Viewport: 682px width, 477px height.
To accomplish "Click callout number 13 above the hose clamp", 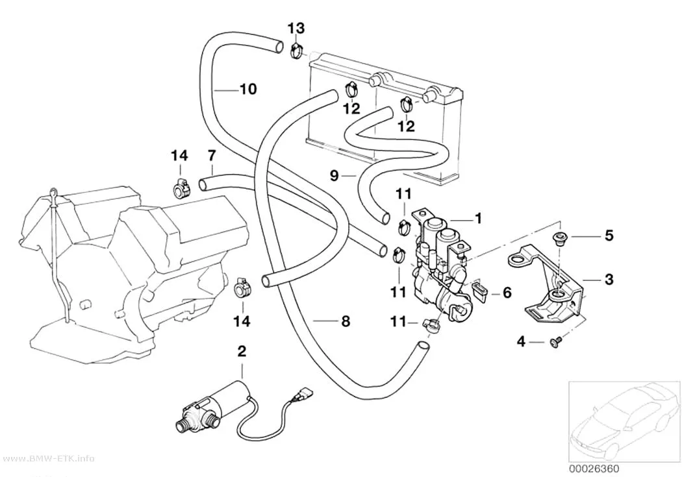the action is tap(296, 29).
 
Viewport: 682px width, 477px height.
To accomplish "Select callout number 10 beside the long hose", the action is tap(248, 89).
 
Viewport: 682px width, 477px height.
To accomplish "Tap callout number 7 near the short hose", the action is tap(212, 155).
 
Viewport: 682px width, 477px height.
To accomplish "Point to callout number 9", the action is tap(334, 175).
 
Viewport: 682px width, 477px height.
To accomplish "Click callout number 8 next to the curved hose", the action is tap(346, 321).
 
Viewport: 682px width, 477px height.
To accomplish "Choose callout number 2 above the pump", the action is tap(242, 351).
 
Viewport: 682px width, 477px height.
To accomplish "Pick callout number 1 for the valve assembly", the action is tap(478, 218).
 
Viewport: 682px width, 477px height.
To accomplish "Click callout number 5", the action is tap(609, 236).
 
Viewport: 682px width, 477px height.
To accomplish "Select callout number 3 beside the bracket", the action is tap(609, 279).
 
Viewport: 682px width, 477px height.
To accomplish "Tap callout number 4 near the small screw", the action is tap(521, 341).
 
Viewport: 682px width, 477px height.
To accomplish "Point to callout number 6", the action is tap(507, 293).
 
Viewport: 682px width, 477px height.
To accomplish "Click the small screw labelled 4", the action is tap(555, 343).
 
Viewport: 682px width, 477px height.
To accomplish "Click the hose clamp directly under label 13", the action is tap(297, 52).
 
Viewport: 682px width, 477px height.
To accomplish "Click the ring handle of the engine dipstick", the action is tap(53, 193).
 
